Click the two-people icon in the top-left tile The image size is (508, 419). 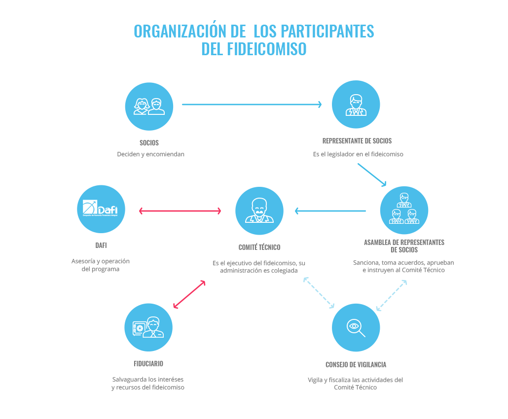click(x=149, y=106)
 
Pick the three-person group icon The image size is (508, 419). click(x=404, y=210)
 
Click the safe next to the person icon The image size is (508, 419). click(x=140, y=328)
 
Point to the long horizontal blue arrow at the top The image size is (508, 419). click(x=252, y=104)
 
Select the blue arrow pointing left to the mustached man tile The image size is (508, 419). click(x=330, y=211)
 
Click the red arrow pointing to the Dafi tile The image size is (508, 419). click(x=180, y=211)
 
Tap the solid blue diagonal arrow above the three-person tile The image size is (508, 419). click(x=372, y=175)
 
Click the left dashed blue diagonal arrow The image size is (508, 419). click(x=319, y=293)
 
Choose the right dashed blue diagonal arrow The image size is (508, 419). click(x=392, y=295)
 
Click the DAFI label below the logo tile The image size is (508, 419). click(x=101, y=245)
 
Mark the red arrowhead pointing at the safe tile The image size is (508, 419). click(x=176, y=306)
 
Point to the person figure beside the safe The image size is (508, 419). click(x=153, y=327)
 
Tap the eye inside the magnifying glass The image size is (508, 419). click(x=353, y=325)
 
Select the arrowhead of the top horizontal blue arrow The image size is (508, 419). click(x=320, y=104)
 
